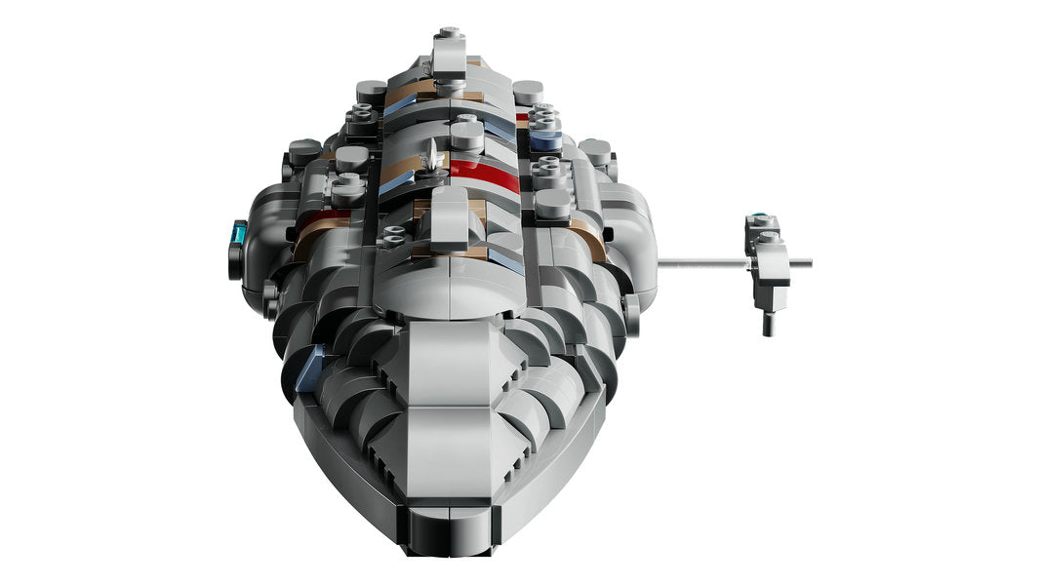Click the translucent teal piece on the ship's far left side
239,233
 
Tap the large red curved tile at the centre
484,175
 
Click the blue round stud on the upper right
545,139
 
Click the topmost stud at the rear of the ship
448,35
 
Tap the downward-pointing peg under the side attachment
769,321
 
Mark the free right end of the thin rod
808,261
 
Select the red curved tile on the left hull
321,221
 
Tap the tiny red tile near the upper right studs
522,120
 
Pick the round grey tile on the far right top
594,150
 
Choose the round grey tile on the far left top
304,149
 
